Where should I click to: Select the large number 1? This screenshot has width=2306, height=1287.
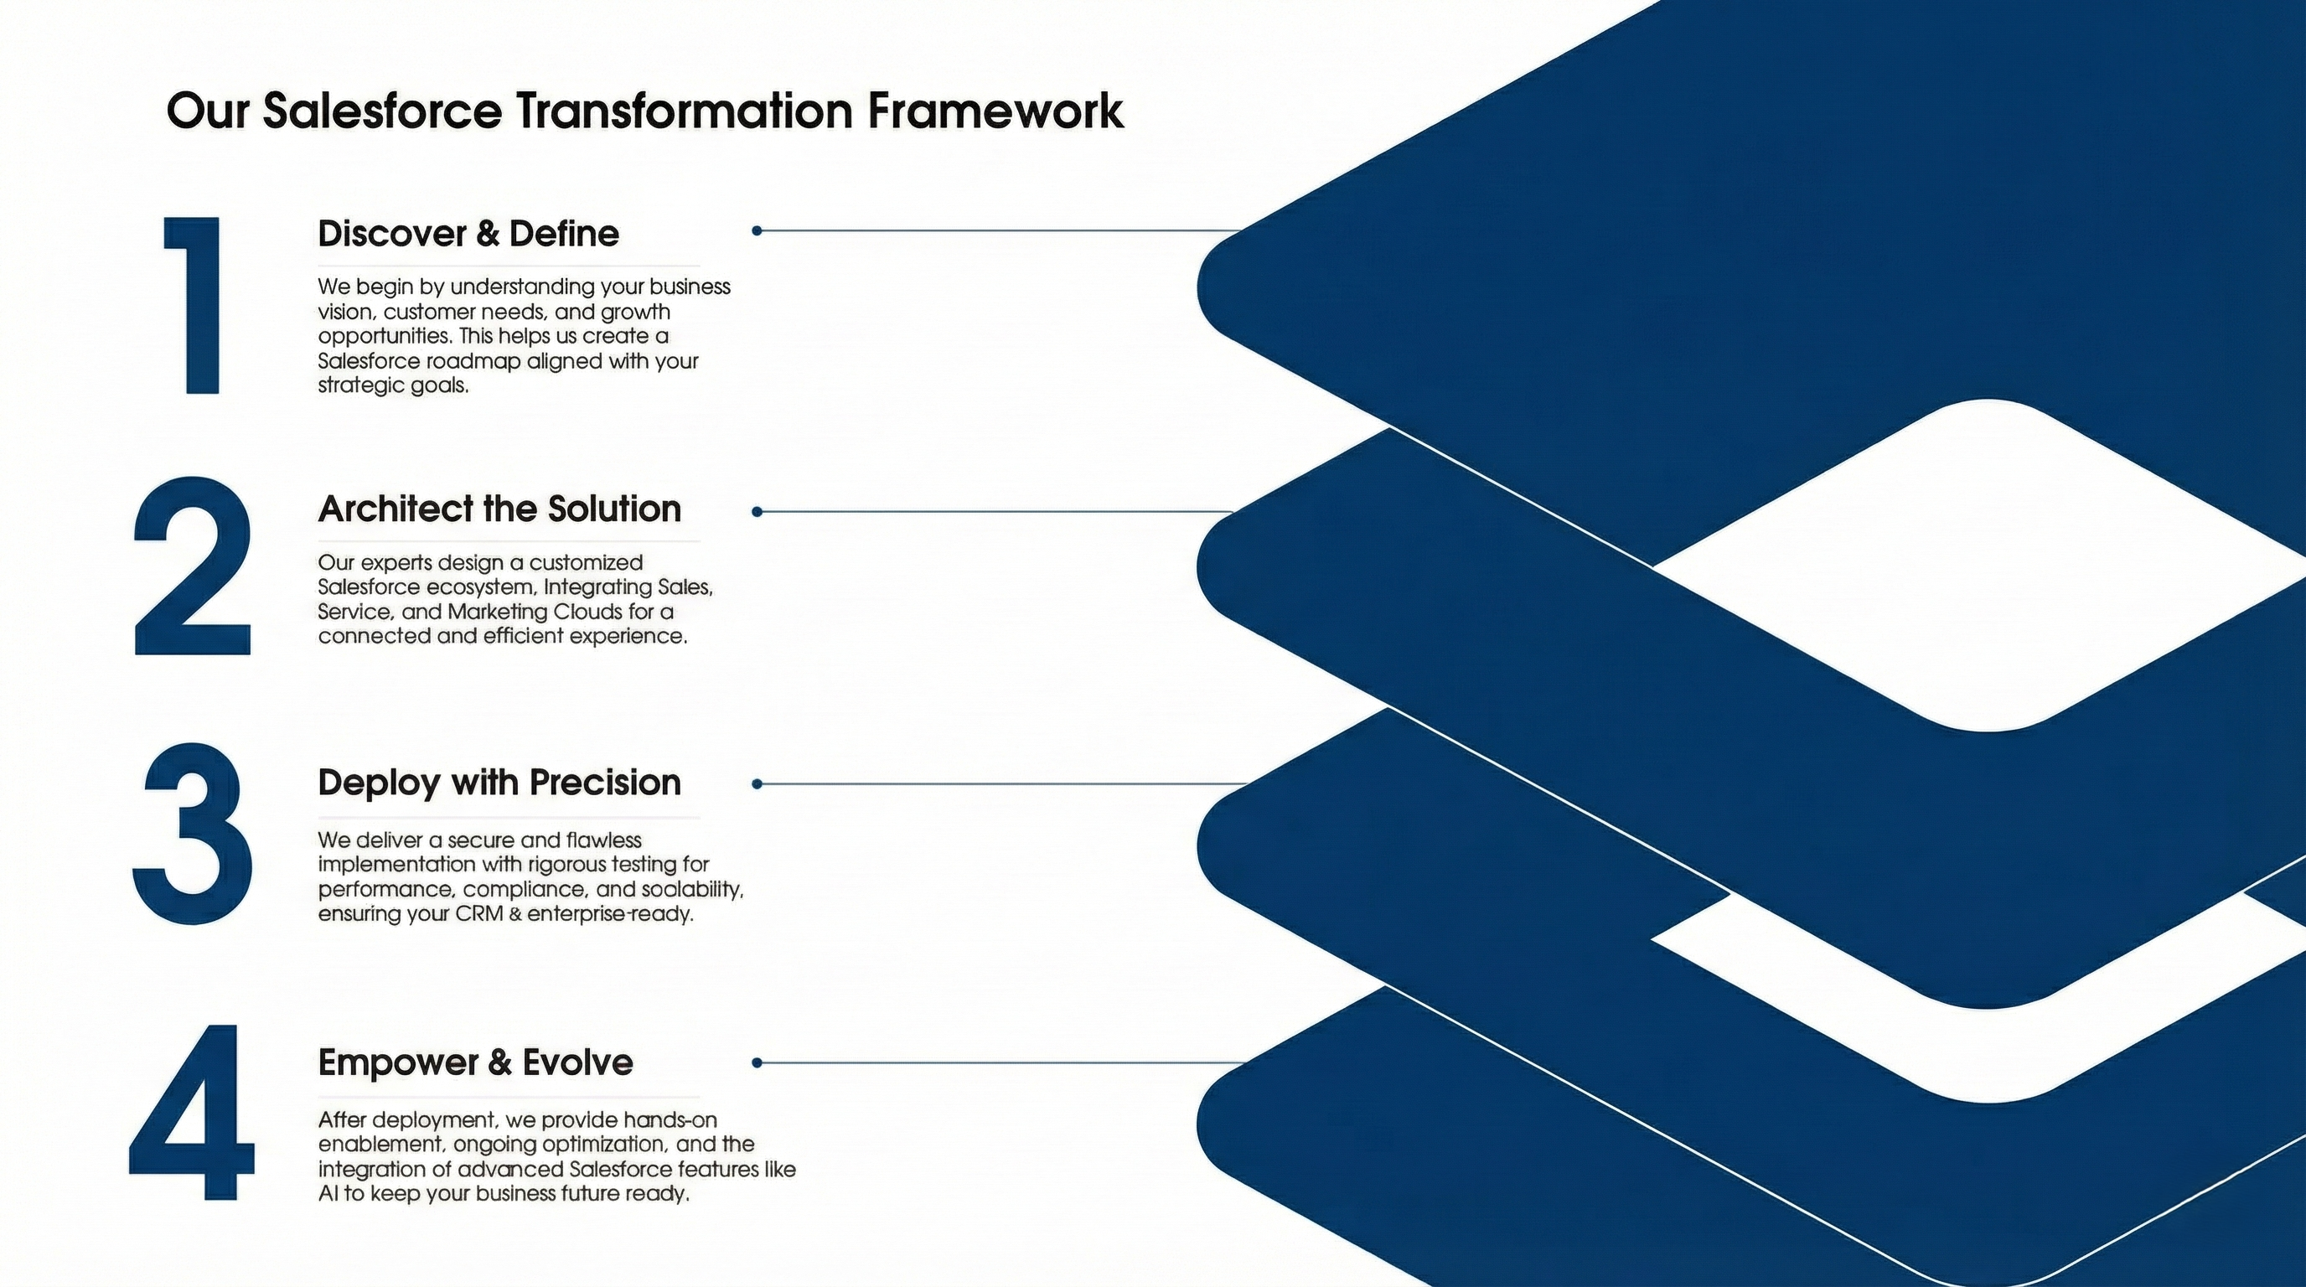(x=194, y=304)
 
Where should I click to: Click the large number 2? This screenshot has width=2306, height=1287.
(x=193, y=567)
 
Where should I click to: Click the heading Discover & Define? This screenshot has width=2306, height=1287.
(x=468, y=234)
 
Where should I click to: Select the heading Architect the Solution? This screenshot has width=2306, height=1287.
(x=499, y=509)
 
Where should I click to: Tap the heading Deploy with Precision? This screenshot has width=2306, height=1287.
(x=499, y=783)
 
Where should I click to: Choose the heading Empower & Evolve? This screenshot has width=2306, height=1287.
(x=475, y=1062)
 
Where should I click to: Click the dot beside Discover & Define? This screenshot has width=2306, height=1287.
(x=757, y=231)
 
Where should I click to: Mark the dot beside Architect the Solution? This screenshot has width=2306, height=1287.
(x=757, y=512)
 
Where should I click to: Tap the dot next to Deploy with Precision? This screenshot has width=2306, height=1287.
(x=757, y=784)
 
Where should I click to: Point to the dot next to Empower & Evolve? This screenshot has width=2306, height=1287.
(x=757, y=1062)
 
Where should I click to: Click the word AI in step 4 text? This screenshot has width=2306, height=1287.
(x=328, y=1194)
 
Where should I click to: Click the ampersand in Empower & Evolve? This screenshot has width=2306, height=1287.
(x=499, y=1063)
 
